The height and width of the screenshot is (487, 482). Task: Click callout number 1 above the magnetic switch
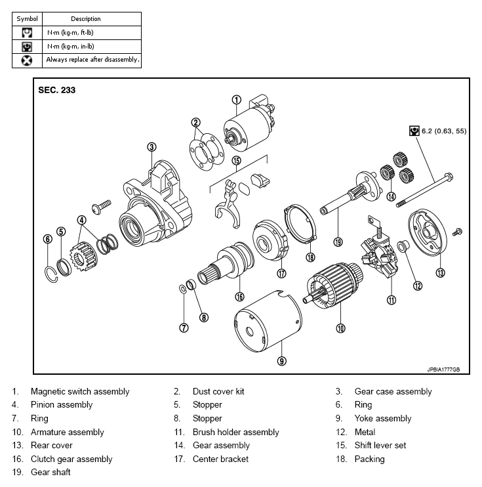click(237, 100)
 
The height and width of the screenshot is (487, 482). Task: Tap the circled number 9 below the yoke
click(281, 361)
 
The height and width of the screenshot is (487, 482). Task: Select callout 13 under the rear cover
click(440, 272)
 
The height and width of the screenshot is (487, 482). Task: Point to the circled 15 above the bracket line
click(237, 161)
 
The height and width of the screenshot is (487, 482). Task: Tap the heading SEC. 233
click(57, 90)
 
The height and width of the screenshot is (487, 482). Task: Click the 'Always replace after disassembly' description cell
click(92, 60)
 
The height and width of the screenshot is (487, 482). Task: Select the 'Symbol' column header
click(28, 19)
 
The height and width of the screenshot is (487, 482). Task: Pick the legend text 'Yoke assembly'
click(383, 418)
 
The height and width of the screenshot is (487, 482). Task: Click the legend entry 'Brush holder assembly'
click(236, 432)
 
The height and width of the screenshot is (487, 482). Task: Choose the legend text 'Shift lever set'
click(380, 446)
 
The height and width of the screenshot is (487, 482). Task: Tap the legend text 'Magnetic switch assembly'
click(80, 392)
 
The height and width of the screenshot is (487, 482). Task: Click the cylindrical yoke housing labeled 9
click(268, 322)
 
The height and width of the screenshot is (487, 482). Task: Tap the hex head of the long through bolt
click(449, 177)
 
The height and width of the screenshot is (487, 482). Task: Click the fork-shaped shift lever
click(228, 204)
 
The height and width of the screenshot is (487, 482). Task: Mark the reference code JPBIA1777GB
click(443, 370)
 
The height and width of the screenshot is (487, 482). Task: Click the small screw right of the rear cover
click(457, 232)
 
